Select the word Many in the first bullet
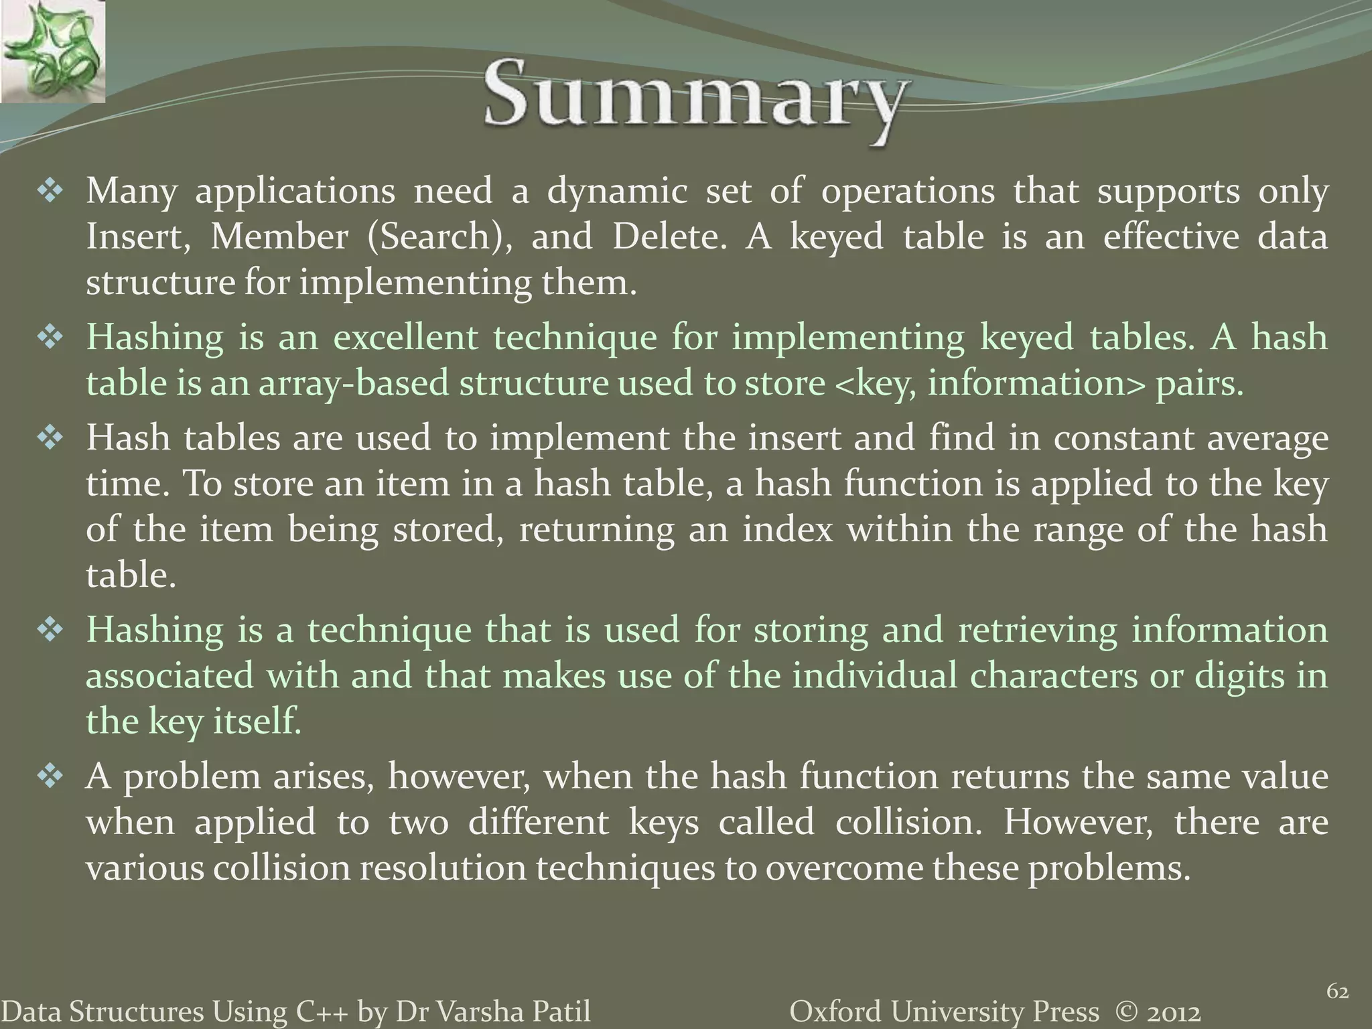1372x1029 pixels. pyautogui.click(x=131, y=192)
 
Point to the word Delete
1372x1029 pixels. pyautogui.click(x=669, y=237)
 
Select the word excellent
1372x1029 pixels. pyautogui.click(x=406, y=337)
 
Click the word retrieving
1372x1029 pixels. pyautogui.click(x=1037, y=630)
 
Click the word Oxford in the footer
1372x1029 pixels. pyautogui.click(x=829, y=1011)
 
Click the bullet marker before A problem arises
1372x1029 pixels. pyautogui.click(x=50, y=778)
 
